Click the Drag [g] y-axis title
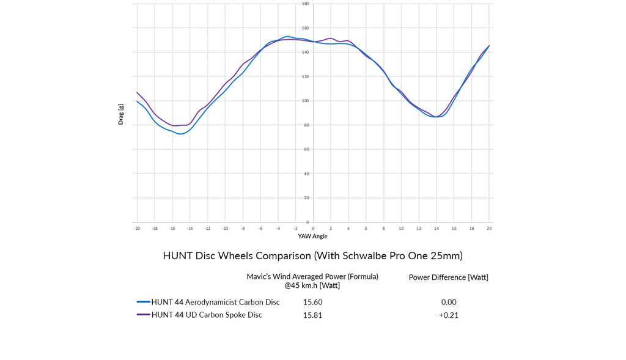point(120,113)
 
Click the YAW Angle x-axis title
point(312,236)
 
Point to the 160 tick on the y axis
point(306,28)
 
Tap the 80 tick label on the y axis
point(307,125)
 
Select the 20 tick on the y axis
point(307,198)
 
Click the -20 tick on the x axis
point(137,228)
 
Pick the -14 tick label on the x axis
point(190,228)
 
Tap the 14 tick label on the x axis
point(436,228)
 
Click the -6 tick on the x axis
point(260,228)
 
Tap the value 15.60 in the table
point(312,302)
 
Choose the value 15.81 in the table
point(312,315)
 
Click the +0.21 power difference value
point(448,315)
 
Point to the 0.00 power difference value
point(449,302)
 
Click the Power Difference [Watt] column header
point(448,277)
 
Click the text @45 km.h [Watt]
point(312,285)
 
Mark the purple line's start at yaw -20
point(137,93)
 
